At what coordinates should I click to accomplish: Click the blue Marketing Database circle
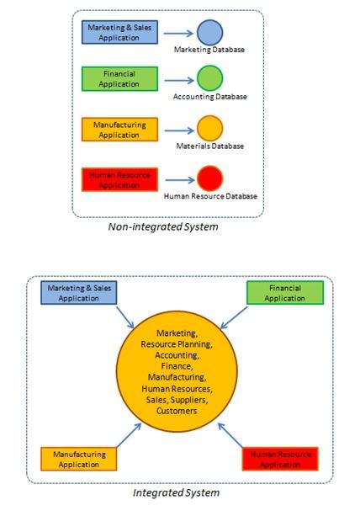pos(209,32)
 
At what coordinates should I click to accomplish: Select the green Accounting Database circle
pos(209,79)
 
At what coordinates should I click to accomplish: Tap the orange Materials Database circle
pos(209,129)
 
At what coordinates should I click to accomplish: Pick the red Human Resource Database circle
pos(209,178)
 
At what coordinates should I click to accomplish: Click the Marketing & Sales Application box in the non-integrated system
pos(118,33)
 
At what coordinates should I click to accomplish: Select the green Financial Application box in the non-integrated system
pos(118,80)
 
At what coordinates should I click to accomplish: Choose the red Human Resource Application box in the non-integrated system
pos(118,179)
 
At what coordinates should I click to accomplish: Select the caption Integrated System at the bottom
pos(177,492)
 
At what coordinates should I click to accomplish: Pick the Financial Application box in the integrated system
pos(285,293)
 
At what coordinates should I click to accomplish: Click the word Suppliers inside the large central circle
pos(203,401)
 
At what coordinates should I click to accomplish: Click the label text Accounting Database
pos(210,97)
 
